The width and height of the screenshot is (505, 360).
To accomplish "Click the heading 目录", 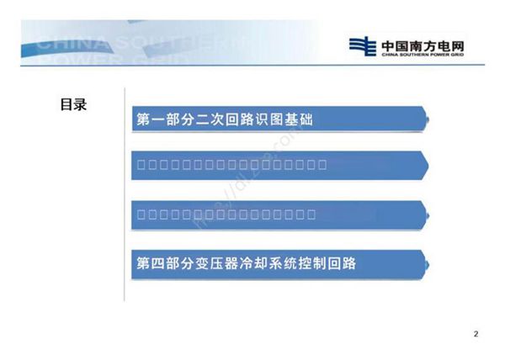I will pos(73,105).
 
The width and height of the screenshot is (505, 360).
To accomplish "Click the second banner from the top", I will pos(278,164).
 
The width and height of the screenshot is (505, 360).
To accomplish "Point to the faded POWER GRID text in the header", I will pos(93,61).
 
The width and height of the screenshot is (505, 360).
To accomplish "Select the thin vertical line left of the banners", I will pos(125,193).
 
